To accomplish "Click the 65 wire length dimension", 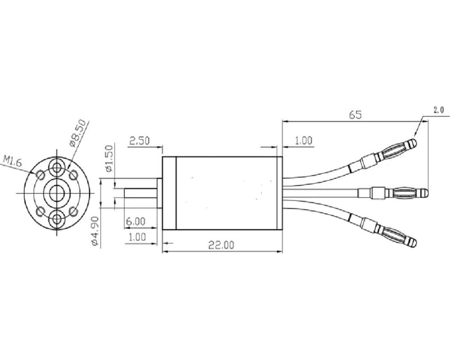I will coord(355,114).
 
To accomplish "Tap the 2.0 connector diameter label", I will coord(438,110).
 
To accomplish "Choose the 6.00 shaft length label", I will coord(134,221).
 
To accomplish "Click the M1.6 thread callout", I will coord(12,162).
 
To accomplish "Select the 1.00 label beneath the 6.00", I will coord(137,237).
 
